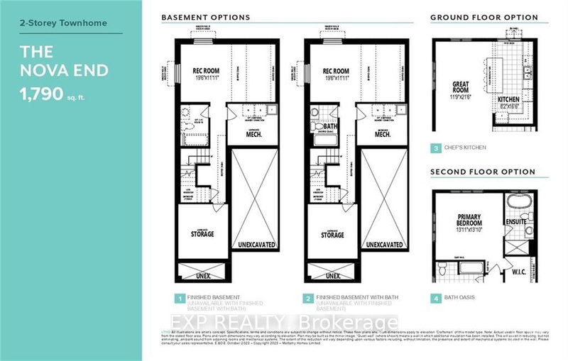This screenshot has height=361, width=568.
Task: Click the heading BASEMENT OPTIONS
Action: pyautogui.click(x=206, y=16)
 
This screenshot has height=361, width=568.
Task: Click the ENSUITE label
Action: pyautogui.click(x=536, y=221)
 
